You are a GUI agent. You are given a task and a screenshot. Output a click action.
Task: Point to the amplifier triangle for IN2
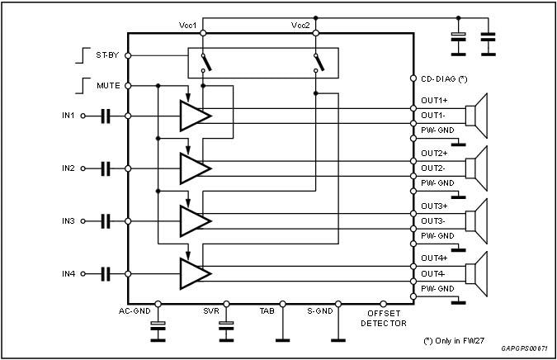coord(194,168)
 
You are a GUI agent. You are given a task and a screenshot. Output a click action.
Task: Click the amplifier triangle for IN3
coord(194,220)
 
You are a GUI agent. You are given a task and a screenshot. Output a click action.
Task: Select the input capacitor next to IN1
coord(106,116)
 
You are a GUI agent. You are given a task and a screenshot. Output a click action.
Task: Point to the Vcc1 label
coord(187,26)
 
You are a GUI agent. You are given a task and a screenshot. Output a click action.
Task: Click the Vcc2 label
coord(300,26)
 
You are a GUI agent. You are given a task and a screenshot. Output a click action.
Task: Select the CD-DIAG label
coord(444,79)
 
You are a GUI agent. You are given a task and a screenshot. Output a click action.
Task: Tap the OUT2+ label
coord(434,154)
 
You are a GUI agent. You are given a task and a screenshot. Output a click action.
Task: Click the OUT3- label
coord(433,220)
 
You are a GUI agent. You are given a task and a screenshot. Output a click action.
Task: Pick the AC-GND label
coord(135,312)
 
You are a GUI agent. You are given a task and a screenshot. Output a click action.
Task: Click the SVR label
coord(211,312)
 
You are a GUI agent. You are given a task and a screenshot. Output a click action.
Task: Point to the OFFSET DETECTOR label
coord(384,317)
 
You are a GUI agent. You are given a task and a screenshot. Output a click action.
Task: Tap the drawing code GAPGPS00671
coord(527,350)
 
